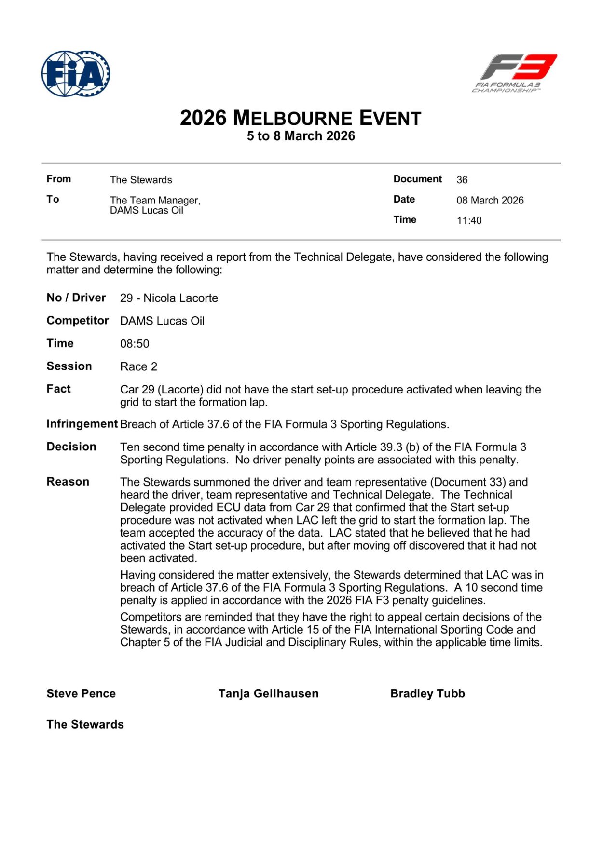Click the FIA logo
[76, 74]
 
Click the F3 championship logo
[515, 73]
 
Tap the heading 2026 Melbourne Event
[301, 118]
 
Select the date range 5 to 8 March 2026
[301, 136]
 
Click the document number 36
[462, 180]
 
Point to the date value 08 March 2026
[490, 200]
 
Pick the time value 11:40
[469, 220]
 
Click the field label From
[59, 179]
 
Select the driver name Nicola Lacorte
[180, 298]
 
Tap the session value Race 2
[138, 366]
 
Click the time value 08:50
[135, 344]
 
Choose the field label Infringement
[82, 424]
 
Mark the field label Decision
[71, 447]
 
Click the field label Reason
[68, 482]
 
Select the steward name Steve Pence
[81, 693]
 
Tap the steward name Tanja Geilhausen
[268, 693]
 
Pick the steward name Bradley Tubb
[427, 693]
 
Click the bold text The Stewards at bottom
[85, 724]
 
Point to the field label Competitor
[78, 321]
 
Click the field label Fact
[58, 389]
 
